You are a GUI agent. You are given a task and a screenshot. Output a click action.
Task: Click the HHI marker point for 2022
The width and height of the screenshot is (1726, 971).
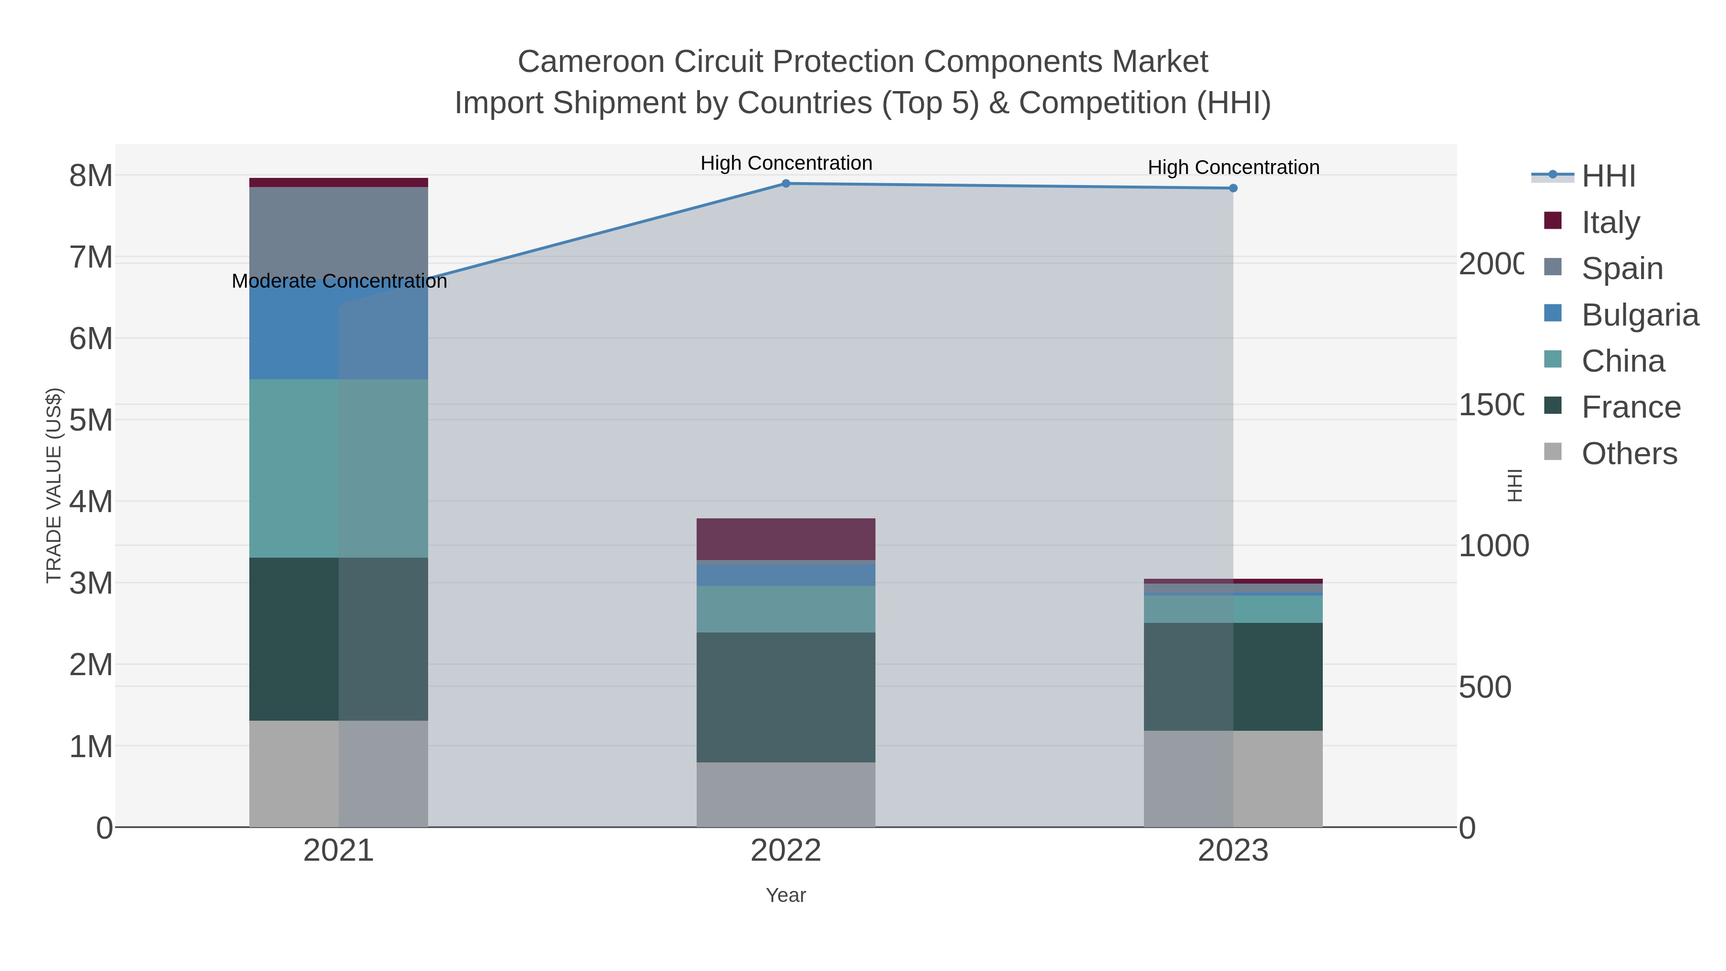(786, 184)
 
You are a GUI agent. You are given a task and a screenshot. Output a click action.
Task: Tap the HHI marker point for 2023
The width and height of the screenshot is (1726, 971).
(1233, 188)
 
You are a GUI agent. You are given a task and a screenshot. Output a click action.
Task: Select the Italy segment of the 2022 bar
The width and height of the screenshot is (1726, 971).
(786, 539)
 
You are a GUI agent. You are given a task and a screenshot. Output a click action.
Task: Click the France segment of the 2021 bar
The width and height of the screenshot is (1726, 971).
(338, 639)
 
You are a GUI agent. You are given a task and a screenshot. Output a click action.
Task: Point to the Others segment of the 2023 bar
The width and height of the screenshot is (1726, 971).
(1233, 778)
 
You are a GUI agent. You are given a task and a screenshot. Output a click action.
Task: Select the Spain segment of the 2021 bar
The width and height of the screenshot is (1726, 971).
(338, 228)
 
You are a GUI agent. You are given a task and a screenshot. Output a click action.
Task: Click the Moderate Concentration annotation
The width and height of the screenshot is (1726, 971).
(339, 281)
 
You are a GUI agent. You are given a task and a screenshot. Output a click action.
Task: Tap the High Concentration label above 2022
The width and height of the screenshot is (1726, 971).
(786, 163)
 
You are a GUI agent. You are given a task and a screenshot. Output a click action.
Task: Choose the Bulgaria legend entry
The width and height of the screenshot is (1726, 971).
(1639, 315)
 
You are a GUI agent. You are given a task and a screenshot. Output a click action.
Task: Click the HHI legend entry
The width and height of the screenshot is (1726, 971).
(1608, 176)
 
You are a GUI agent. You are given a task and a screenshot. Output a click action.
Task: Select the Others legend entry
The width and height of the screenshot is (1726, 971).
(1629, 454)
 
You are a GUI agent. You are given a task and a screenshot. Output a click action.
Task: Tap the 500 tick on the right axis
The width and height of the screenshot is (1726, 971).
(1485, 687)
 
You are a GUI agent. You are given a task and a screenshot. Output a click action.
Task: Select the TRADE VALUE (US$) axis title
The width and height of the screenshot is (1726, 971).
(54, 485)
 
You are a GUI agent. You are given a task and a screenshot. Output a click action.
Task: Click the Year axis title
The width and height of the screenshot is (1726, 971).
(786, 895)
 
